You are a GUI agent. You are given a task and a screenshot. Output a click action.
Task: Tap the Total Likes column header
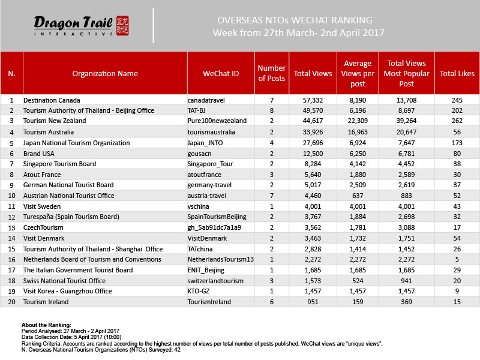(457, 74)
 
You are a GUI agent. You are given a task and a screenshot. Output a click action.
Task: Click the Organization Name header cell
(105, 74)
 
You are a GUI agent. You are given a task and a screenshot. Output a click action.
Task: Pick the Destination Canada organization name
(52, 100)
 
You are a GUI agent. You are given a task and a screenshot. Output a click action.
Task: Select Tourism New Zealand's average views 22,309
(358, 121)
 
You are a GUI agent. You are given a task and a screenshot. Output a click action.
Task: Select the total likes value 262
(457, 121)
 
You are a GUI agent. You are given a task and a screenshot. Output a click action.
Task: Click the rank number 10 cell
(11, 195)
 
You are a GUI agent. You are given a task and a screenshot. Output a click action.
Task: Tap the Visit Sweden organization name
(41, 206)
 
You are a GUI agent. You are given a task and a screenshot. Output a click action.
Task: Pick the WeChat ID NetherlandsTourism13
(220, 259)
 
